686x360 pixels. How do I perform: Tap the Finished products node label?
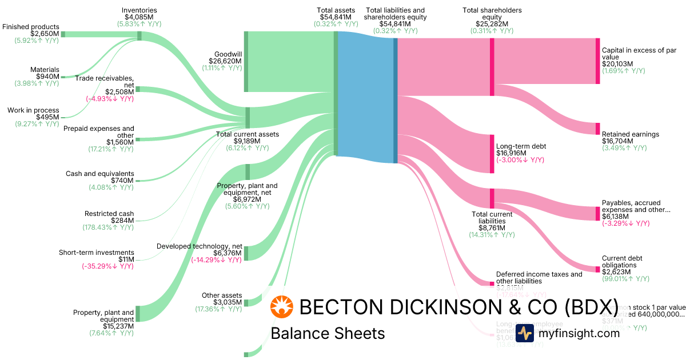click(x=30, y=27)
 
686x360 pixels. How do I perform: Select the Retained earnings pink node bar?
click(x=597, y=129)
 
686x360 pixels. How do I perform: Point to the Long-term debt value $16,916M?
click(x=513, y=153)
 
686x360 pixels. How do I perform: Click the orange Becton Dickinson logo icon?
click(x=281, y=307)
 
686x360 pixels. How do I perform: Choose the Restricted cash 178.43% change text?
click(x=108, y=227)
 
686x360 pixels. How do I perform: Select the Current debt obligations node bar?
click(x=597, y=268)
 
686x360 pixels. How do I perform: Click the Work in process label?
click(x=33, y=110)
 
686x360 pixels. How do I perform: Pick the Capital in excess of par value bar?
click(x=597, y=61)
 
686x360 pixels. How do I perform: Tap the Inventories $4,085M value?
click(x=139, y=18)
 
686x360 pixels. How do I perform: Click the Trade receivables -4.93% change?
click(x=110, y=99)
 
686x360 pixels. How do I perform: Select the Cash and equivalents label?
click(x=99, y=174)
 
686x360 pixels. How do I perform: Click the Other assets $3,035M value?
click(x=228, y=302)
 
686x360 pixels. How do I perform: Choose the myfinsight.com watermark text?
click(x=579, y=333)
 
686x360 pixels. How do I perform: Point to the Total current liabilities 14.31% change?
click(x=492, y=235)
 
